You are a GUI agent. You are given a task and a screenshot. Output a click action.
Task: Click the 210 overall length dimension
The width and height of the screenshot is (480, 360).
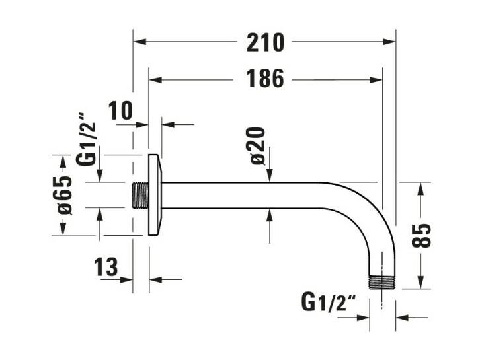[265, 42]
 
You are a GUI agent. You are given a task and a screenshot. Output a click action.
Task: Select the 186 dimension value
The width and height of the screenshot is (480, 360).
[265, 79]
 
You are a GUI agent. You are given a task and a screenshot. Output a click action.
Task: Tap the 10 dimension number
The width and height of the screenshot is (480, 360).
[122, 110]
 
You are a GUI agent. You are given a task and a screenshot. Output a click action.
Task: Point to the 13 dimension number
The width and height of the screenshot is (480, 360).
[106, 267]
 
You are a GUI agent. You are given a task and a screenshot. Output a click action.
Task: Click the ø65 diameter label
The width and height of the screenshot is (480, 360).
[65, 195]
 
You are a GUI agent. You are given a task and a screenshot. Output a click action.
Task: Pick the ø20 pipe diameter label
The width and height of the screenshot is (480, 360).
[257, 146]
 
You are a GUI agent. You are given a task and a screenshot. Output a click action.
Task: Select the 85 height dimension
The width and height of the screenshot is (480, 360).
[421, 236]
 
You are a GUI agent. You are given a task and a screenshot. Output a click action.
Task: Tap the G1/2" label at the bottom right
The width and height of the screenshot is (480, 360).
[329, 302]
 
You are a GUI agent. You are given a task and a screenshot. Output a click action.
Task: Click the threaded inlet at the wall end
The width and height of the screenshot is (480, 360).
[141, 196]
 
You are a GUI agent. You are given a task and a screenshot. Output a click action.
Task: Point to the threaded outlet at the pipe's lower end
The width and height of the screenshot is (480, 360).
[382, 283]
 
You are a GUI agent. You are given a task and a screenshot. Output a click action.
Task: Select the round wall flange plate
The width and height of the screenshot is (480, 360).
[155, 195]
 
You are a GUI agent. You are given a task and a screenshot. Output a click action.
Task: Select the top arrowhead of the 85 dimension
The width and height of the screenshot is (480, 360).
[421, 189]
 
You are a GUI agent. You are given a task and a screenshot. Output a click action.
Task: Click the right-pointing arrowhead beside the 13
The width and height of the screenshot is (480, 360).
[126, 279]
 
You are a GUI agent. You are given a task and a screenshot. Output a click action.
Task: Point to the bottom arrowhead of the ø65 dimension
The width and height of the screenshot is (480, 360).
[63, 229]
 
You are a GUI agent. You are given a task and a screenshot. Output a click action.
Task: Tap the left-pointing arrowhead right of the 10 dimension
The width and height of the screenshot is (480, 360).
[168, 124]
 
